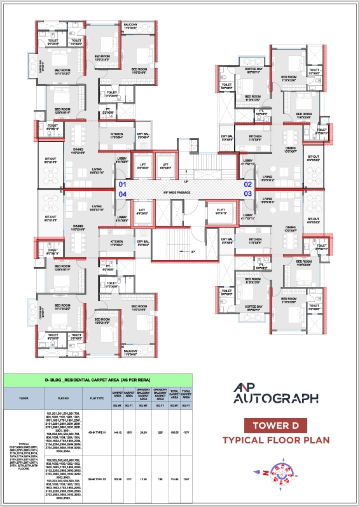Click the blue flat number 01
[123, 184]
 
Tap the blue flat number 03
[248, 193]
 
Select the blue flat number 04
[123, 193]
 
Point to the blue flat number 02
[248, 184]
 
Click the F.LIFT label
[221, 211]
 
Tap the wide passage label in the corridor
[185, 191]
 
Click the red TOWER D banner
[280, 426]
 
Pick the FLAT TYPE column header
[99, 399]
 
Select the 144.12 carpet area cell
[117, 432]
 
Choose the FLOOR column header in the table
[23, 399]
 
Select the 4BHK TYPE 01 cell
[99, 432]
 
